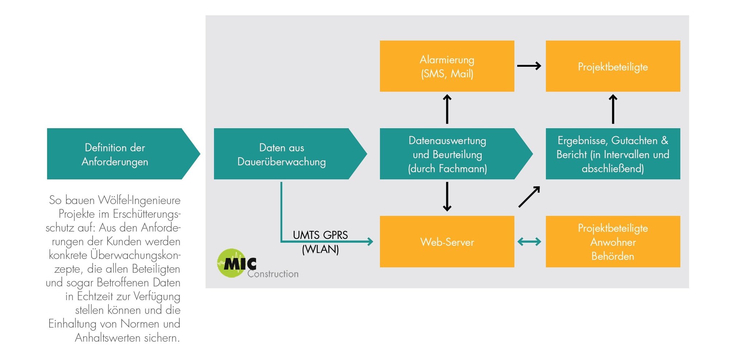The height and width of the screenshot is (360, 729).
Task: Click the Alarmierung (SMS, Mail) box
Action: click(x=447, y=66)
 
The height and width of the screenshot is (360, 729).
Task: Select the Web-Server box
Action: click(x=447, y=241)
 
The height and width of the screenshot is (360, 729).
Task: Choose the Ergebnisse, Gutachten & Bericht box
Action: click(x=613, y=154)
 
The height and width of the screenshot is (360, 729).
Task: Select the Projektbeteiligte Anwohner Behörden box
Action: click(x=613, y=241)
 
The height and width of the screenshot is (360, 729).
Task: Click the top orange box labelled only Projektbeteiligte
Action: click(x=613, y=66)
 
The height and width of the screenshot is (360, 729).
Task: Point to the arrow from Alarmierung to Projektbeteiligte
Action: click(x=529, y=66)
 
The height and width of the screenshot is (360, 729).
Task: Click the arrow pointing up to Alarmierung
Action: click(x=447, y=109)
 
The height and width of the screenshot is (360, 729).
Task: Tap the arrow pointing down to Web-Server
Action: click(x=447, y=197)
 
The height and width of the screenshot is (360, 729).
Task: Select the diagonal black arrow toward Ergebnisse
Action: click(x=529, y=197)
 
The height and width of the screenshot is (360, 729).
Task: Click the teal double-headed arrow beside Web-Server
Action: click(x=529, y=241)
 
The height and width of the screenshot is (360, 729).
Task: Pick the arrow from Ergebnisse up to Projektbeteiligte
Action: click(x=613, y=109)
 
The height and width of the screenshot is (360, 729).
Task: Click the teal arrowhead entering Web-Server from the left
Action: click(x=370, y=241)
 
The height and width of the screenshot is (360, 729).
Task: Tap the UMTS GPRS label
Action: click(x=320, y=235)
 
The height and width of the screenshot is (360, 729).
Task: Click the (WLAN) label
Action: click(x=320, y=249)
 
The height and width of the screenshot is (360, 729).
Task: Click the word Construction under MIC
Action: click(x=273, y=274)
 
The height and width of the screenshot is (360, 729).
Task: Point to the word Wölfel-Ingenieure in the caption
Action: click(x=139, y=200)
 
